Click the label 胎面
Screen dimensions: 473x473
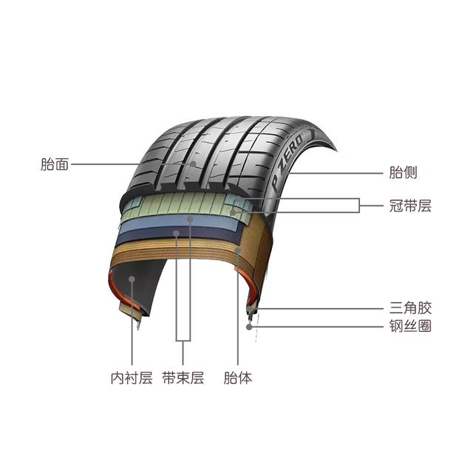point(55,164)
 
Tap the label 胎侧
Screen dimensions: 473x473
point(403,173)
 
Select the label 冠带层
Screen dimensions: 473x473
point(409,206)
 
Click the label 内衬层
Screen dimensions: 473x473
point(131,378)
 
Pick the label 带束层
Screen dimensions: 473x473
point(183,378)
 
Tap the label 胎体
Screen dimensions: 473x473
point(237,378)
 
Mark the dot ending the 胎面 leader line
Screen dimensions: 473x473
point(191,164)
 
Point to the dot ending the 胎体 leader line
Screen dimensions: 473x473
point(237,251)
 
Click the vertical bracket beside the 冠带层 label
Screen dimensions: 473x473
point(359,205)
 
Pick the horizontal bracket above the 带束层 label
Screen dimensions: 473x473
point(183,341)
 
